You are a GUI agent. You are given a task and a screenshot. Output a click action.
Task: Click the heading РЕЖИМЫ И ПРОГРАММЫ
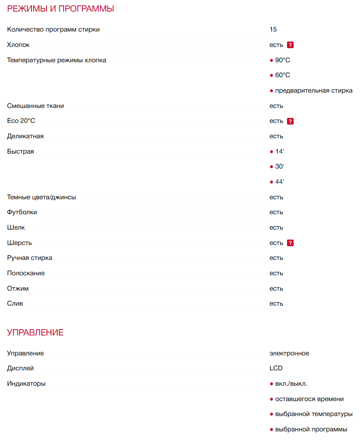coord(61,9)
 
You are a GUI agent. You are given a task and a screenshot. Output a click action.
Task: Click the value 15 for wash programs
coord(273,29)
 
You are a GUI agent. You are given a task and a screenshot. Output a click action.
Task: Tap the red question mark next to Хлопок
coord(290,45)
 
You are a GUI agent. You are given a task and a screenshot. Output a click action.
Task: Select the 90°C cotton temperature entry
coord(282,60)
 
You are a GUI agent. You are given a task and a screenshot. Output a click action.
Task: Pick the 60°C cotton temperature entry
coord(282,75)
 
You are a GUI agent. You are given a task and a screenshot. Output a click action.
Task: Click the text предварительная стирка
coord(314,91)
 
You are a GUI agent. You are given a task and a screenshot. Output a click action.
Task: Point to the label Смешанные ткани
coord(36,106)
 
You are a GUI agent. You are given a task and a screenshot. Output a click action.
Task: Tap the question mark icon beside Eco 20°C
coord(290,121)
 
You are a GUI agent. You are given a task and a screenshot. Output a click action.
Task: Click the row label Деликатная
coord(25,136)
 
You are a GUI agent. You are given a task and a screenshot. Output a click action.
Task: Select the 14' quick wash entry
coord(280,152)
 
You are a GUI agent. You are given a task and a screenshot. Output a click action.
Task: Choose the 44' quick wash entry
coord(280,182)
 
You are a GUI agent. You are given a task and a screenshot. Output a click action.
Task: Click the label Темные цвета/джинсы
coord(41,197)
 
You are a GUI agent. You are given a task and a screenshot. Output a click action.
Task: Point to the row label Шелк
coord(16,228)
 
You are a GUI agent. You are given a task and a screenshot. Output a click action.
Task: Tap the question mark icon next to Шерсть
coord(290,243)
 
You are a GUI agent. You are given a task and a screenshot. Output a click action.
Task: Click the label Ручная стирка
coord(29,258)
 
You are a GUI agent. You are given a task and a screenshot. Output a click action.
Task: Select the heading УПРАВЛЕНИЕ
coord(35,333)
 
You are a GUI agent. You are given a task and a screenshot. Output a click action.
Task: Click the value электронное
coord(289,353)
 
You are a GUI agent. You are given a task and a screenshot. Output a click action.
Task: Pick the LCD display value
coord(276,368)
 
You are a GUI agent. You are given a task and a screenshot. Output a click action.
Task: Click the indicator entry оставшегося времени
coord(309,399)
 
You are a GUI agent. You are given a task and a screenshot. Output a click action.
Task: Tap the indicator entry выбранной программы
coord(311,429)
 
